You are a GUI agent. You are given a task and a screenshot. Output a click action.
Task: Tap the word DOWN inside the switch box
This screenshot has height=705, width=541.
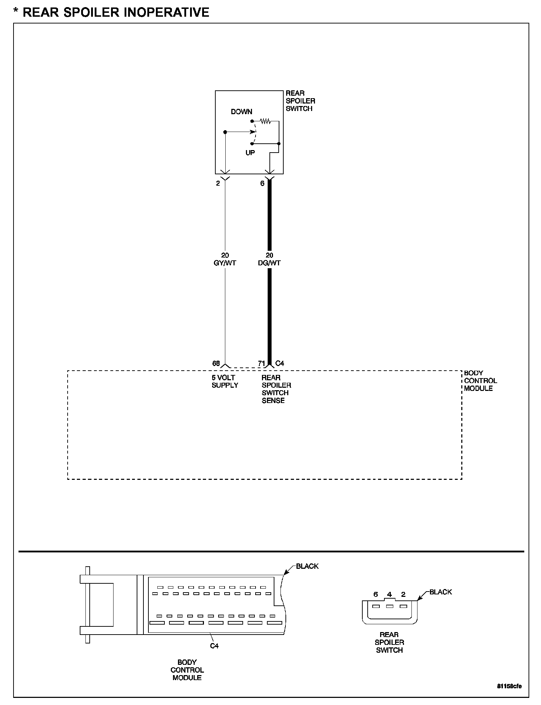pyautogui.click(x=241, y=112)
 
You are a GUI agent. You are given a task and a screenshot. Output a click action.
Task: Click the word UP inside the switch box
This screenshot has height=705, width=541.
pyautogui.click(x=250, y=153)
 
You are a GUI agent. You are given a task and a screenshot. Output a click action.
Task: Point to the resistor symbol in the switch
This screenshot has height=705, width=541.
pyautogui.click(x=266, y=121)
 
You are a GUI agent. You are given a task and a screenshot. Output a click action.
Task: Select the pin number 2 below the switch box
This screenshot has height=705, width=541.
pyautogui.click(x=218, y=184)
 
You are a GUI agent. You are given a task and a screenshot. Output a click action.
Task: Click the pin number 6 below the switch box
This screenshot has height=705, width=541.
pyautogui.click(x=262, y=184)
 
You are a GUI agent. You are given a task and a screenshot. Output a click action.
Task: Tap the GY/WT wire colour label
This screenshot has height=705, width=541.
pyautogui.click(x=225, y=263)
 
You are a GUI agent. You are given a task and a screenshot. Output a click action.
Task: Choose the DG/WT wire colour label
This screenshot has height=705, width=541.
pyautogui.click(x=269, y=263)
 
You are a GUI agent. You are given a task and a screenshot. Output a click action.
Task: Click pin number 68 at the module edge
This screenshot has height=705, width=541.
pyautogui.click(x=216, y=364)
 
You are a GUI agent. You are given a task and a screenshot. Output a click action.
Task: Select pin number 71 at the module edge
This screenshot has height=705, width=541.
pyautogui.click(x=262, y=364)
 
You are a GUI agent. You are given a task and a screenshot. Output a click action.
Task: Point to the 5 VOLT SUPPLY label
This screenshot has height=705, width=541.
pyautogui.click(x=225, y=381)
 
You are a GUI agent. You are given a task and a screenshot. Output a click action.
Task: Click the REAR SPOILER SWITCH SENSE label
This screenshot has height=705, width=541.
pyautogui.click(x=276, y=389)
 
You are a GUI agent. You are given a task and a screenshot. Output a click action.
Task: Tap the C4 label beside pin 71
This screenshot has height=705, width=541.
pyautogui.click(x=280, y=364)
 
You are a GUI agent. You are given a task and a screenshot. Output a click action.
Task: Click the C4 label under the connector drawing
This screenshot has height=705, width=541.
pyautogui.click(x=214, y=646)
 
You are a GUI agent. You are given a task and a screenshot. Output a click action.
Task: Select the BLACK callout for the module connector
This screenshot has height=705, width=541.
pyautogui.click(x=307, y=566)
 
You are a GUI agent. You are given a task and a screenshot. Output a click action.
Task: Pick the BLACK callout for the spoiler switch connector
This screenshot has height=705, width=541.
pyautogui.click(x=441, y=592)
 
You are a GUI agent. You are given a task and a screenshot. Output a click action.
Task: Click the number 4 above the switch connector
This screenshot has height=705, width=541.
pyautogui.click(x=389, y=594)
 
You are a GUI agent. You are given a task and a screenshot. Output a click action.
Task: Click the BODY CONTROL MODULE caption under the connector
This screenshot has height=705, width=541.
pyautogui.click(x=187, y=670)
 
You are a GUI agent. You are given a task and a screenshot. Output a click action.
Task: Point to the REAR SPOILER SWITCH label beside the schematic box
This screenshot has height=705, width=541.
pyautogui.click(x=300, y=101)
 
